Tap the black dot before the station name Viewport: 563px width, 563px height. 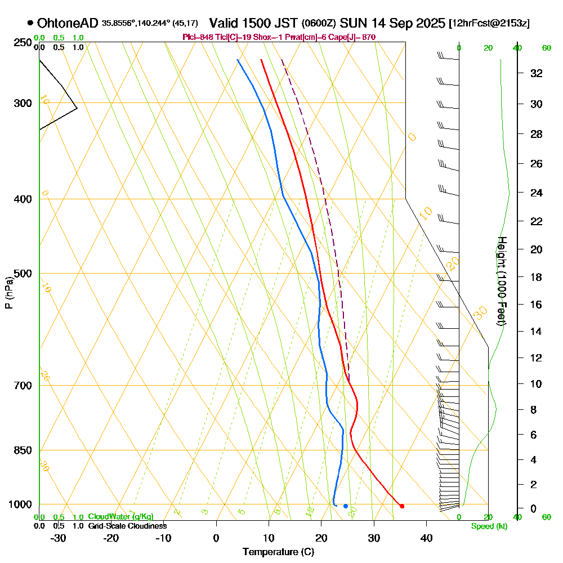(30, 23)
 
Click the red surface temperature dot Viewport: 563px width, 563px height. (401, 506)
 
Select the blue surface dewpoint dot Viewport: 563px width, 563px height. (345, 506)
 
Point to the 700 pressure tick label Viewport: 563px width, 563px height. (22, 386)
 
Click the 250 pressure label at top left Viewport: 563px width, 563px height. (22, 42)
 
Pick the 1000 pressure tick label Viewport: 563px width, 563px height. (20, 504)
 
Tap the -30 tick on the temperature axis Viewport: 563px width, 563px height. (59, 538)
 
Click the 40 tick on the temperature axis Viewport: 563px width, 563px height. (426, 538)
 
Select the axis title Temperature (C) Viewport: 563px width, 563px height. (278, 552)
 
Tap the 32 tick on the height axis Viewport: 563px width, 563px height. (537, 73)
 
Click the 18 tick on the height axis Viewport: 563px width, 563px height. (537, 277)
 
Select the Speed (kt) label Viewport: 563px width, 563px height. (488, 526)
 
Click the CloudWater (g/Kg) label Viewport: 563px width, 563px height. (120, 517)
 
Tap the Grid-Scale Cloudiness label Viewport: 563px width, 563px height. (127, 526)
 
